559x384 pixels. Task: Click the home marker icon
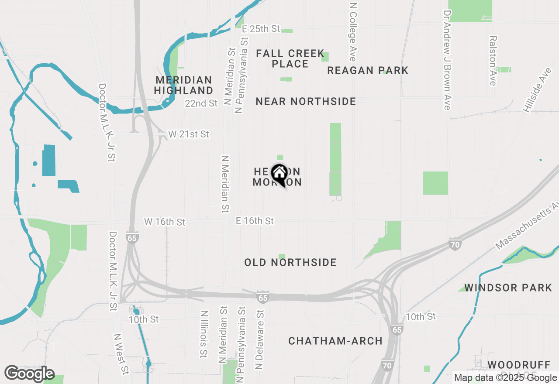(279, 174)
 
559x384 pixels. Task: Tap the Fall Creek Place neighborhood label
(290, 58)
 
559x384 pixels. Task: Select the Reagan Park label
(368, 70)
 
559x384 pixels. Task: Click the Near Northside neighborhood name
(306, 101)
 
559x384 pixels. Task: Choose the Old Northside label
(290, 262)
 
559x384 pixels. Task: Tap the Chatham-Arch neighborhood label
(335, 341)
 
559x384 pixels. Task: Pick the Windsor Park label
(508, 288)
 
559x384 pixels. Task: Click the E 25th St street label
(260, 29)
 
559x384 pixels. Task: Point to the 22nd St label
(201, 103)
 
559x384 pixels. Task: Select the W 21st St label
(189, 134)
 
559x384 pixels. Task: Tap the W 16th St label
(165, 222)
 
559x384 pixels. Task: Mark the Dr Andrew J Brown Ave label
(446, 60)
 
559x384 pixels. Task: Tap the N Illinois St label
(204, 334)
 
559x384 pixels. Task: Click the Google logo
(29, 374)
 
